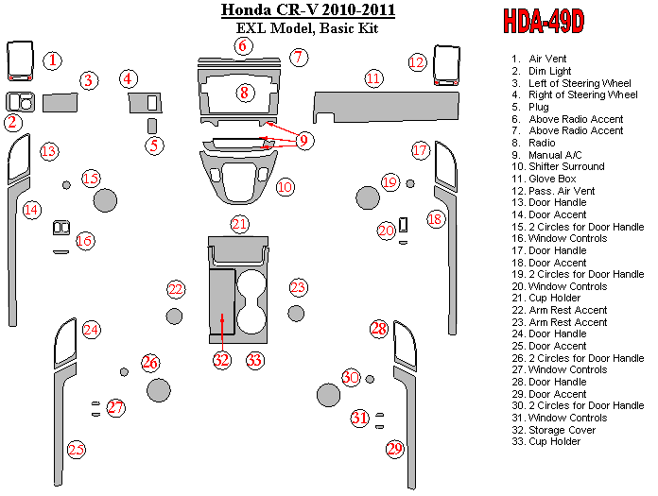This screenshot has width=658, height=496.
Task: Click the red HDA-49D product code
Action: [544, 22]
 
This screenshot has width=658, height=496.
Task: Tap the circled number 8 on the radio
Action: [245, 93]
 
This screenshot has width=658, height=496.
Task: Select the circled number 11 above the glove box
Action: [373, 78]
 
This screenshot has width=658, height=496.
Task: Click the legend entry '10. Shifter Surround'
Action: [558, 166]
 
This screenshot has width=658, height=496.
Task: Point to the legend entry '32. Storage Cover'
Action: [553, 430]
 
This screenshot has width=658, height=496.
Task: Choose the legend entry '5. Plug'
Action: [530, 107]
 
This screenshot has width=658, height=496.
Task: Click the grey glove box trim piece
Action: [386, 107]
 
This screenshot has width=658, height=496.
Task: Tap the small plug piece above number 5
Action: [152, 127]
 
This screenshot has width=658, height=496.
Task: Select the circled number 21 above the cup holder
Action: [239, 224]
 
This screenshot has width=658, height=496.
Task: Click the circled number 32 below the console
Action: [221, 360]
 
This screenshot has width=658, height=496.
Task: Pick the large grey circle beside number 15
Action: [105, 200]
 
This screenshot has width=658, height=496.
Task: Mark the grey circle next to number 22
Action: [174, 316]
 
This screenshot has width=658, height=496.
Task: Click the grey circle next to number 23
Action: [296, 314]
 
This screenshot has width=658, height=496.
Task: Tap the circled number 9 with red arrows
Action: [304, 140]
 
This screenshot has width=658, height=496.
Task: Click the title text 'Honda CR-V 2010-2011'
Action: [308, 10]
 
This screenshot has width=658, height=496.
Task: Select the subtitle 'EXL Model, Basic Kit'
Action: [307, 28]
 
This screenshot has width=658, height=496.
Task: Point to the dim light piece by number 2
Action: [20, 102]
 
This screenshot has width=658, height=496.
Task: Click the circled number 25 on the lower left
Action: [77, 450]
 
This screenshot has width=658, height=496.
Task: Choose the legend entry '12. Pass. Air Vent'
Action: [553, 191]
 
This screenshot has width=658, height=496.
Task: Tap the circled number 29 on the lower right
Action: [395, 449]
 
